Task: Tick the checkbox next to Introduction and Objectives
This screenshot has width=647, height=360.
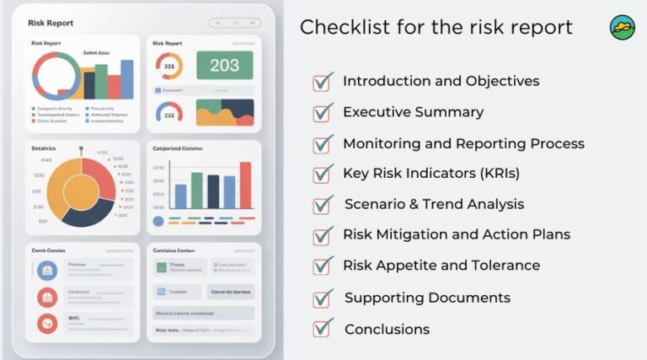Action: pyautogui.click(x=323, y=83)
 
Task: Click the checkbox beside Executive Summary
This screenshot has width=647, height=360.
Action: pyautogui.click(x=323, y=113)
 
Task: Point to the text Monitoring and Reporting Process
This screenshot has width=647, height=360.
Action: pyautogui.click(x=463, y=143)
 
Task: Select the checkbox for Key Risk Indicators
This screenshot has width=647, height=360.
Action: pyautogui.click(x=323, y=175)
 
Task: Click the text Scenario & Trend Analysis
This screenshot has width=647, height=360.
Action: pyautogui.click(x=434, y=204)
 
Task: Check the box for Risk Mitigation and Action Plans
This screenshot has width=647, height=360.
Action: pyautogui.click(x=323, y=236)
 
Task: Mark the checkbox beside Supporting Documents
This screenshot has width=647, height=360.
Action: pyautogui.click(x=323, y=298)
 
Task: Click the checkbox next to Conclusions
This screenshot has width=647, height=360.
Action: pyautogui.click(x=323, y=328)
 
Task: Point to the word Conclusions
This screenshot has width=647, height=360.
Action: pyautogui.click(x=387, y=329)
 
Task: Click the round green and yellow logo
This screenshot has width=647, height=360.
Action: pyautogui.click(x=623, y=28)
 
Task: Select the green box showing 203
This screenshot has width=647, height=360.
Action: pyautogui.click(x=225, y=66)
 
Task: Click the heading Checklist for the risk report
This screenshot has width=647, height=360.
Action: pyautogui.click(x=436, y=27)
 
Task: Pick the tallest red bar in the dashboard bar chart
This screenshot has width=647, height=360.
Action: pyautogui.click(x=245, y=185)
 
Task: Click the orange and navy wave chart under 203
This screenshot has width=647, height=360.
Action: pyautogui.click(x=225, y=112)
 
